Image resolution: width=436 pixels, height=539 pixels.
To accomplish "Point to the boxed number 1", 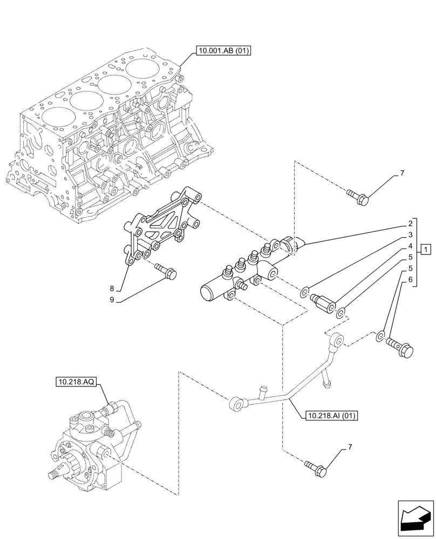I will click(426, 249).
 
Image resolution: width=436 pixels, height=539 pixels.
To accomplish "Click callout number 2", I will click(410, 223).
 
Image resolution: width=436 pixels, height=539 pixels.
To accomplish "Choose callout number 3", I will click(410, 234).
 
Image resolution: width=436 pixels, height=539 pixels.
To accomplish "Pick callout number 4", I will click(410, 246).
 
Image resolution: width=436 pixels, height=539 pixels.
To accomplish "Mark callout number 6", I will click(410, 280).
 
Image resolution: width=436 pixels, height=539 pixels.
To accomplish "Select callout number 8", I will click(112, 288).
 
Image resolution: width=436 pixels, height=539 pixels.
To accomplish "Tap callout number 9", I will click(112, 300).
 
